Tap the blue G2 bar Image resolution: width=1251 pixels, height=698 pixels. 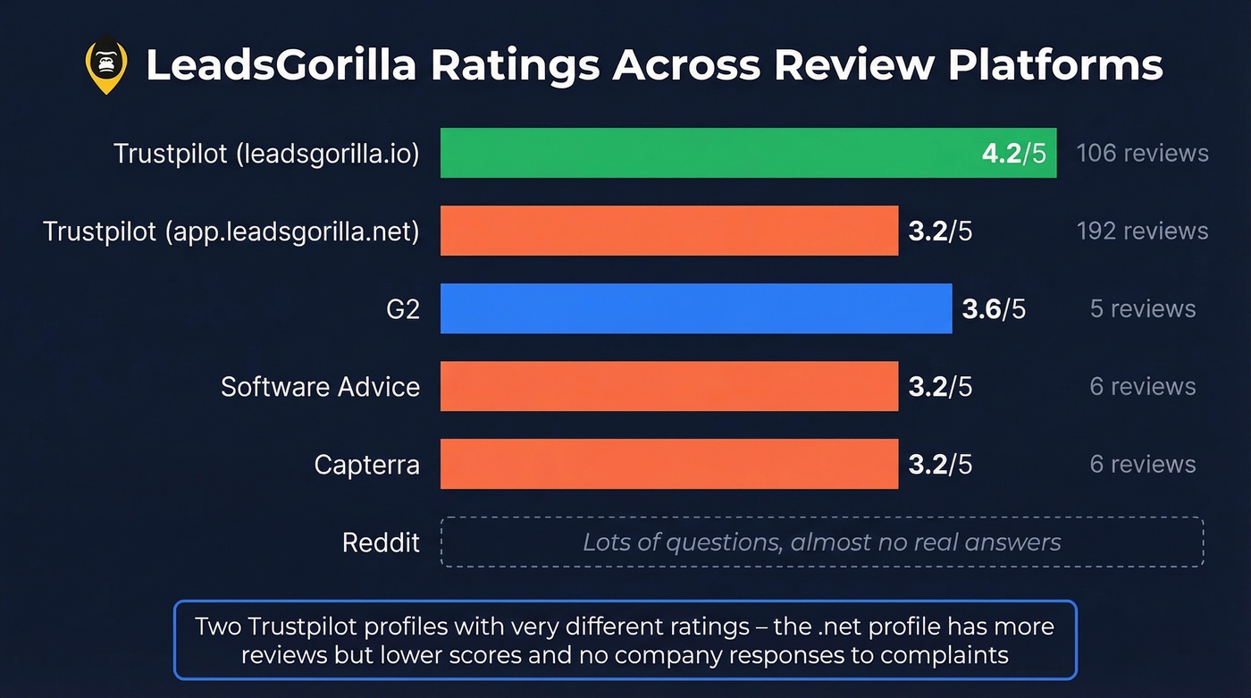pyautogui.click(x=696, y=308)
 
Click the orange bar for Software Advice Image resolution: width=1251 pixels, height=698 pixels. pyautogui.click(x=668, y=386)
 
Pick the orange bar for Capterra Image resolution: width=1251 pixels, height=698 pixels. pyautogui.click(x=668, y=464)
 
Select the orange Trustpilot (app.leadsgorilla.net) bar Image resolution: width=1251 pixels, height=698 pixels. pyautogui.click(x=668, y=231)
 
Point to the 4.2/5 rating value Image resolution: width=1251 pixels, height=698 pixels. pyautogui.click(x=1012, y=153)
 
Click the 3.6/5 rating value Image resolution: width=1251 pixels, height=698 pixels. pyautogui.click(x=994, y=309)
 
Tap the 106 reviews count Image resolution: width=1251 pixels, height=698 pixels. pyautogui.click(x=1142, y=153)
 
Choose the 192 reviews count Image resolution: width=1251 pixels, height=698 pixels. pyautogui.click(x=1142, y=231)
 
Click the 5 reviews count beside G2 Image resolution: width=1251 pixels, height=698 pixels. pyautogui.click(x=1142, y=309)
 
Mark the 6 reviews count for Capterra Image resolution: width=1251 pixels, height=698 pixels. pyautogui.click(x=1142, y=464)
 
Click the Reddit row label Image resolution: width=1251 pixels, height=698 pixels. pyautogui.click(x=381, y=542)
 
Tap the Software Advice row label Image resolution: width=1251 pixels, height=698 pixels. pyautogui.click(x=320, y=387)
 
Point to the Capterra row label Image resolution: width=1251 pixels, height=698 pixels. pyautogui.click(x=366, y=465)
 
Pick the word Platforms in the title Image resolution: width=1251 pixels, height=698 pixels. pyautogui.click(x=1055, y=65)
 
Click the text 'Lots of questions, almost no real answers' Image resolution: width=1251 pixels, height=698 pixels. pyautogui.click(x=821, y=542)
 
